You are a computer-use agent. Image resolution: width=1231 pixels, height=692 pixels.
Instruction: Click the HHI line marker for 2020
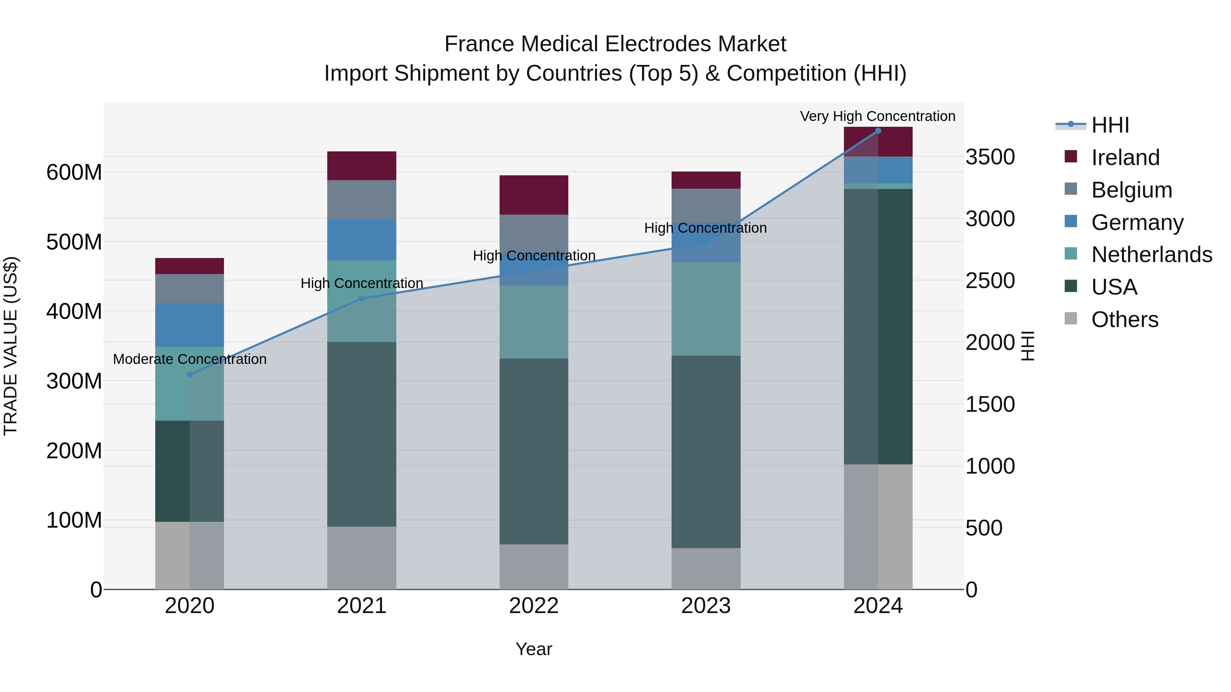tap(190, 375)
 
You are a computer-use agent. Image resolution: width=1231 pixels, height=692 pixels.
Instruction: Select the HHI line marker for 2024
tap(878, 131)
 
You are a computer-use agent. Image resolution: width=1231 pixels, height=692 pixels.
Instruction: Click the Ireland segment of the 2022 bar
tap(534, 195)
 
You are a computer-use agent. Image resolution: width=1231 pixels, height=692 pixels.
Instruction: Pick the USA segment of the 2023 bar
tap(706, 452)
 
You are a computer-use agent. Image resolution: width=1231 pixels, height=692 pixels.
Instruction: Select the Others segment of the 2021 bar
tap(362, 558)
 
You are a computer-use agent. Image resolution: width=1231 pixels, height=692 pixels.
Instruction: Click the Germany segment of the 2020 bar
tap(190, 325)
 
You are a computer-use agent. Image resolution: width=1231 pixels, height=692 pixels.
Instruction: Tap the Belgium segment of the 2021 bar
tap(362, 200)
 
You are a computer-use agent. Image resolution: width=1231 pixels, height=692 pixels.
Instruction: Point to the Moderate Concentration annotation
tap(190, 359)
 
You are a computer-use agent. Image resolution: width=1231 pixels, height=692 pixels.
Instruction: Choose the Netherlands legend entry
tap(1152, 255)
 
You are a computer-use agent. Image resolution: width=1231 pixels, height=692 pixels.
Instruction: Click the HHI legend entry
tap(1110, 125)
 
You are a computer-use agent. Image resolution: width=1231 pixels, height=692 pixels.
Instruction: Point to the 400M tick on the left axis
tap(74, 311)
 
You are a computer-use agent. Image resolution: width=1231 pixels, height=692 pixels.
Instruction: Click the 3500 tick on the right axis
tap(990, 157)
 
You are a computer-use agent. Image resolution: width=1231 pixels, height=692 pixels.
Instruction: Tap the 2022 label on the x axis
tap(534, 606)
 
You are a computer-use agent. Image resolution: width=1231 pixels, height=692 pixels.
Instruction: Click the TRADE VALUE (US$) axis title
tap(11, 346)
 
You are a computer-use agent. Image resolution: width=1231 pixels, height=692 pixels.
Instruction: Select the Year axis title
tap(534, 649)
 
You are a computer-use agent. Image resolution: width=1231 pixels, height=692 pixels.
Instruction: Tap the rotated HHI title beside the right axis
tap(1028, 346)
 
